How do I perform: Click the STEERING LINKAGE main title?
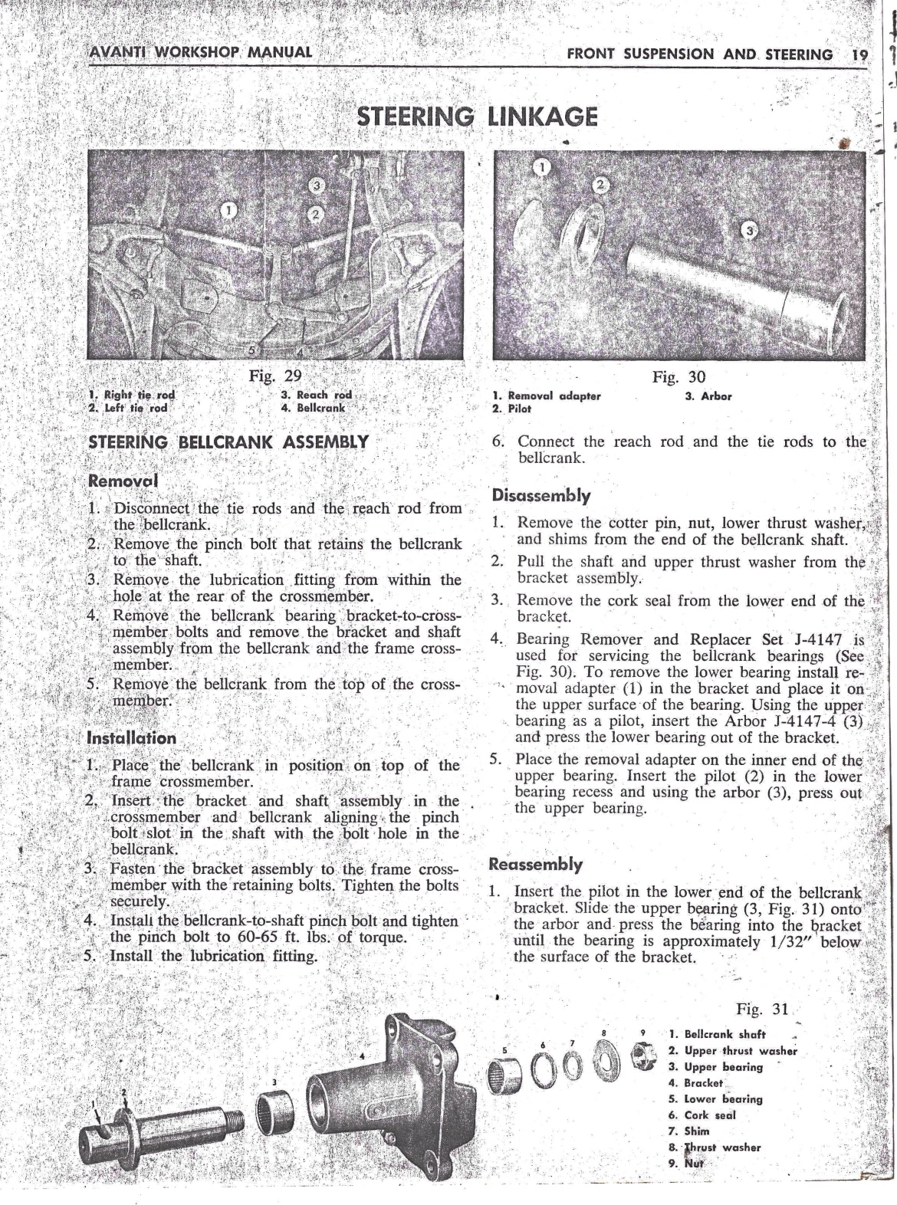coord(478,117)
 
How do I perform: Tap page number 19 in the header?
coord(859,54)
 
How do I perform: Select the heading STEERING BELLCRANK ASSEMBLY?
coord(228,442)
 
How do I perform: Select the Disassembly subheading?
coord(541,495)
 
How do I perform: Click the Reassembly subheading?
coord(536,865)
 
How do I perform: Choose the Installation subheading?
coord(132,738)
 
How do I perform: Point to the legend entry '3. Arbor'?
coord(708,396)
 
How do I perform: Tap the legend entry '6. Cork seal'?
coord(701,1115)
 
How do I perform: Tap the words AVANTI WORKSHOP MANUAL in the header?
coord(201,52)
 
